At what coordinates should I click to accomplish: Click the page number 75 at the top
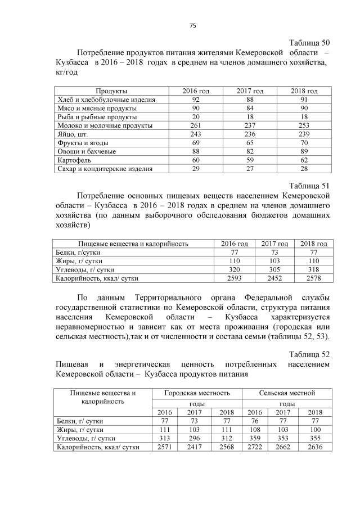point(192,25)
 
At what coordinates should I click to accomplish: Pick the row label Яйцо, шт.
point(73,134)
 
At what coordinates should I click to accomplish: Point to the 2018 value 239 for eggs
point(304,134)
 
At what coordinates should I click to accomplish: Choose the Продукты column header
point(111,91)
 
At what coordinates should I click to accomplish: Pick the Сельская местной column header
point(287,393)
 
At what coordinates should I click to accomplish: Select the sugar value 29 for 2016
point(196,168)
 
